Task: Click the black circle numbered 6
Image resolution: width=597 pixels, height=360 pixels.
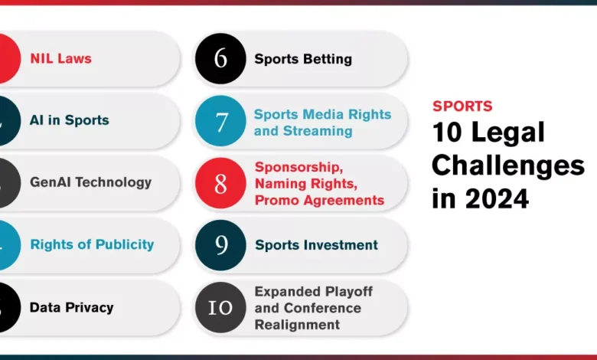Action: click(220, 59)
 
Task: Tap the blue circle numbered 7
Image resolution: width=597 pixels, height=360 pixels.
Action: click(220, 121)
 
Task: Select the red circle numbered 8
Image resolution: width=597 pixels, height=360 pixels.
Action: click(220, 183)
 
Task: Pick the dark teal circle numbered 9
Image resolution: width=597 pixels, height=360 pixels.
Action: click(220, 245)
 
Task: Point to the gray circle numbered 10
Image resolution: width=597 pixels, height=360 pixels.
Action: click(220, 307)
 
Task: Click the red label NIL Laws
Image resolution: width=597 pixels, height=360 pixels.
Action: click(61, 59)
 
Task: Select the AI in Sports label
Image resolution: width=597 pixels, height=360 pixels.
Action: click(70, 120)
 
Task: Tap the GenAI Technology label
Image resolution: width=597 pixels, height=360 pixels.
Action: click(90, 182)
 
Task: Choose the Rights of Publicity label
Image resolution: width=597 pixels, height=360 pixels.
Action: click(92, 244)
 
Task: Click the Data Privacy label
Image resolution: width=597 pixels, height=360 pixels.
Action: click(72, 307)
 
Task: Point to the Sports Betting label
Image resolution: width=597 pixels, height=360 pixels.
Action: click(303, 59)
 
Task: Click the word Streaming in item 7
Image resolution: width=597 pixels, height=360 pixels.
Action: click(318, 131)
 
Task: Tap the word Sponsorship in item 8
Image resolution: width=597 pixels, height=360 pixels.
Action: click(298, 167)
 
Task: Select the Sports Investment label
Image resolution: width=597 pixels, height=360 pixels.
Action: click(316, 245)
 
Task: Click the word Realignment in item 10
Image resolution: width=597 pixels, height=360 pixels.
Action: click(297, 325)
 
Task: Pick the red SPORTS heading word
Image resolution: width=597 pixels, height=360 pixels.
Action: click(462, 106)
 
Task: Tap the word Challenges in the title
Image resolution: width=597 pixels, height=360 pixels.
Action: click(508, 166)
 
